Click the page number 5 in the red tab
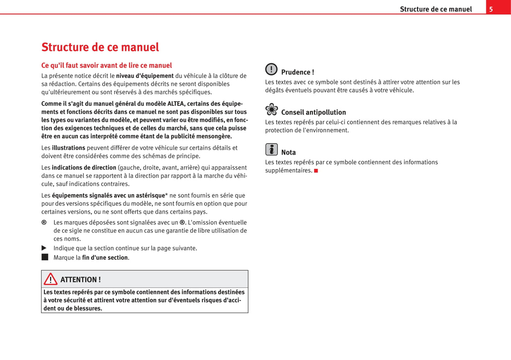[x=491, y=9]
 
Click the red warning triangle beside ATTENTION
[x=51, y=279]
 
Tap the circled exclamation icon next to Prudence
[x=271, y=69]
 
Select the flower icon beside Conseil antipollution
[x=272, y=110]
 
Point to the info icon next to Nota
[x=271, y=149]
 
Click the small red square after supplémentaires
[x=316, y=171]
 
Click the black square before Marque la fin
[x=45, y=257]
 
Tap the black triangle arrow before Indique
[x=44, y=248]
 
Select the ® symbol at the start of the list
[x=44, y=222]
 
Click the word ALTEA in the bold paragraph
[x=176, y=104]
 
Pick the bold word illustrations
[x=69, y=148]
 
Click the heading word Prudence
[x=296, y=72]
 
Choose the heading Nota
[x=288, y=153]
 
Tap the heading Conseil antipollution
[x=313, y=112]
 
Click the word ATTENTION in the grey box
[x=78, y=279]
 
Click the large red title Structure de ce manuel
[x=100, y=47]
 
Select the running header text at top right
[x=436, y=9]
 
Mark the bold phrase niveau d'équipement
[x=145, y=76]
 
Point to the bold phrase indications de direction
[x=84, y=168]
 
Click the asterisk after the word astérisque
[x=167, y=195]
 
